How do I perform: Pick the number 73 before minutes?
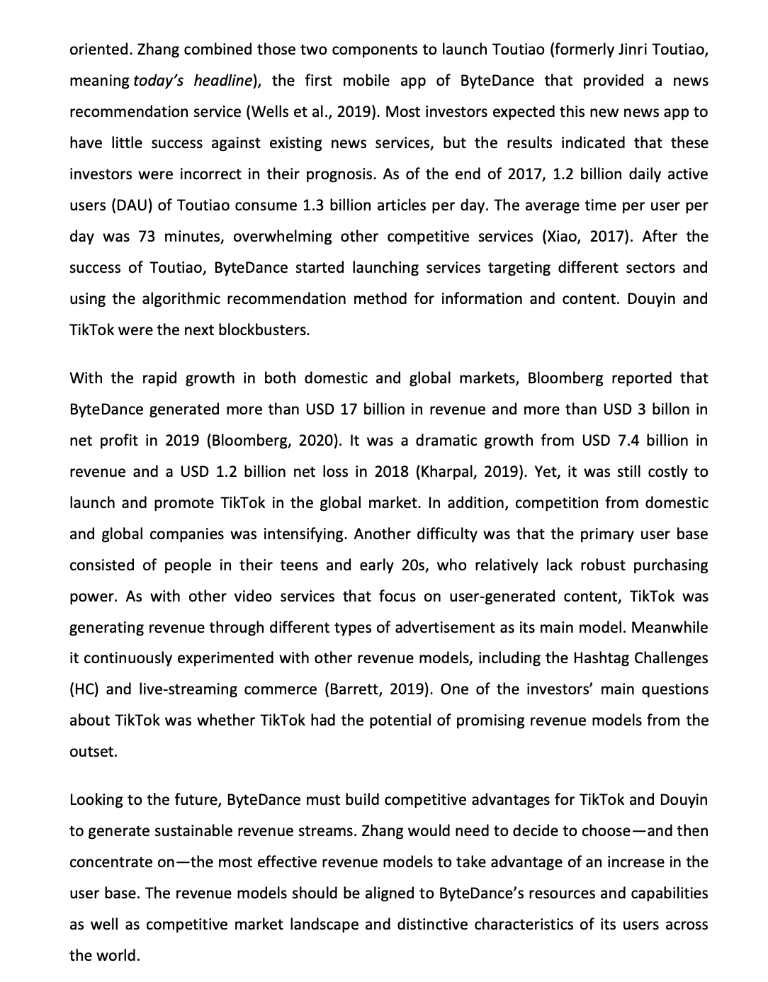(147, 237)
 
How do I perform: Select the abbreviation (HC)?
(83, 689)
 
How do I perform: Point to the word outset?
(93, 752)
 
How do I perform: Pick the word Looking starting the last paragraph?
(96, 800)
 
